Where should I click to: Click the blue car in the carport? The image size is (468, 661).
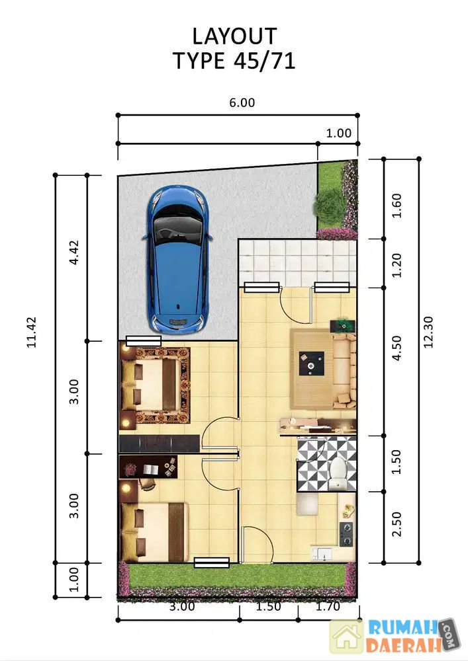[177, 260]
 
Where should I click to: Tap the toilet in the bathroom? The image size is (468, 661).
[338, 473]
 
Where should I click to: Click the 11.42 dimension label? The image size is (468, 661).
[32, 332]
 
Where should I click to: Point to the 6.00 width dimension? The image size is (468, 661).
[242, 102]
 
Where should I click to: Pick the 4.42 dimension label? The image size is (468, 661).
[74, 252]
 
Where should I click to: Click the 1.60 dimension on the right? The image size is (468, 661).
[397, 206]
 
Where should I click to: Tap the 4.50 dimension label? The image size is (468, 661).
[397, 348]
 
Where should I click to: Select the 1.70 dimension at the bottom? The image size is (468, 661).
[328, 606]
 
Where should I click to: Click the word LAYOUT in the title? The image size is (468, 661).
[234, 36]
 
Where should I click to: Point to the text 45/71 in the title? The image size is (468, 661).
[264, 61]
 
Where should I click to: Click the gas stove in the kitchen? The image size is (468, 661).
[346, 533]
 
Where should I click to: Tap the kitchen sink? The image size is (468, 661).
[322, 553]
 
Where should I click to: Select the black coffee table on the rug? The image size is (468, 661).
[311, 364]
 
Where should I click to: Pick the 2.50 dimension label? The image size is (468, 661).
[397, 524]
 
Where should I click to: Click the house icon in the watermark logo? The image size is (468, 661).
[346, 636]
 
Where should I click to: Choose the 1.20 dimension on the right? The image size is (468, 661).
[397, 265]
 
